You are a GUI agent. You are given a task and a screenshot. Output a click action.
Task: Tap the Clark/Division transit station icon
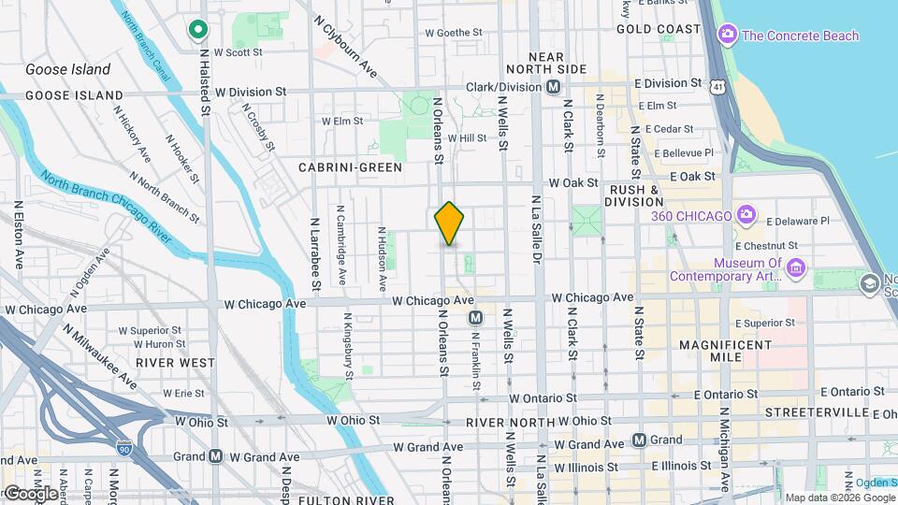click(554, 87)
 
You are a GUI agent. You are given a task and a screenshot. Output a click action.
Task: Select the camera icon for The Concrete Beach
click(727, 35)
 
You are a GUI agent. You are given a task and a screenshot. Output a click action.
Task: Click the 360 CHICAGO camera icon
click(746, 215)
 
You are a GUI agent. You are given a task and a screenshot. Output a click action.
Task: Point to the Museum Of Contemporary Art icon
click(797, 269)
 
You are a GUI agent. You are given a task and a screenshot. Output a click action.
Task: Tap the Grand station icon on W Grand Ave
click(215, 456)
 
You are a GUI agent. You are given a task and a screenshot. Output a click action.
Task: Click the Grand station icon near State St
click(640, 440)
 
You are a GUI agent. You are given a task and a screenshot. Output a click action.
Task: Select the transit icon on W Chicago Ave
click(475, 318)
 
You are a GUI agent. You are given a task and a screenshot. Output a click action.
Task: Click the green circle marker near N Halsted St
click(197, 30)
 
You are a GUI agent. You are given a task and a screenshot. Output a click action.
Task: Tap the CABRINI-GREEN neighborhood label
click(350, 167)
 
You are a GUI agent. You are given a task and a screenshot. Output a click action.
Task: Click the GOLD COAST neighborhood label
click(659, 29)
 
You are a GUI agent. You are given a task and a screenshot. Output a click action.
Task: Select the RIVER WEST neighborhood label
click(175, 363)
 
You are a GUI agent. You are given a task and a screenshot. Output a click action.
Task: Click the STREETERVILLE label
click(811, 412)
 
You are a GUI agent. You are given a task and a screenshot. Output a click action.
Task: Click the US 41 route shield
click(717, 86)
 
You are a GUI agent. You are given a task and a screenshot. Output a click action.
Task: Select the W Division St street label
click(250, 92)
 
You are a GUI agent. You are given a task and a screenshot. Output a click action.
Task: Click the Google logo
click(31, 493)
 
